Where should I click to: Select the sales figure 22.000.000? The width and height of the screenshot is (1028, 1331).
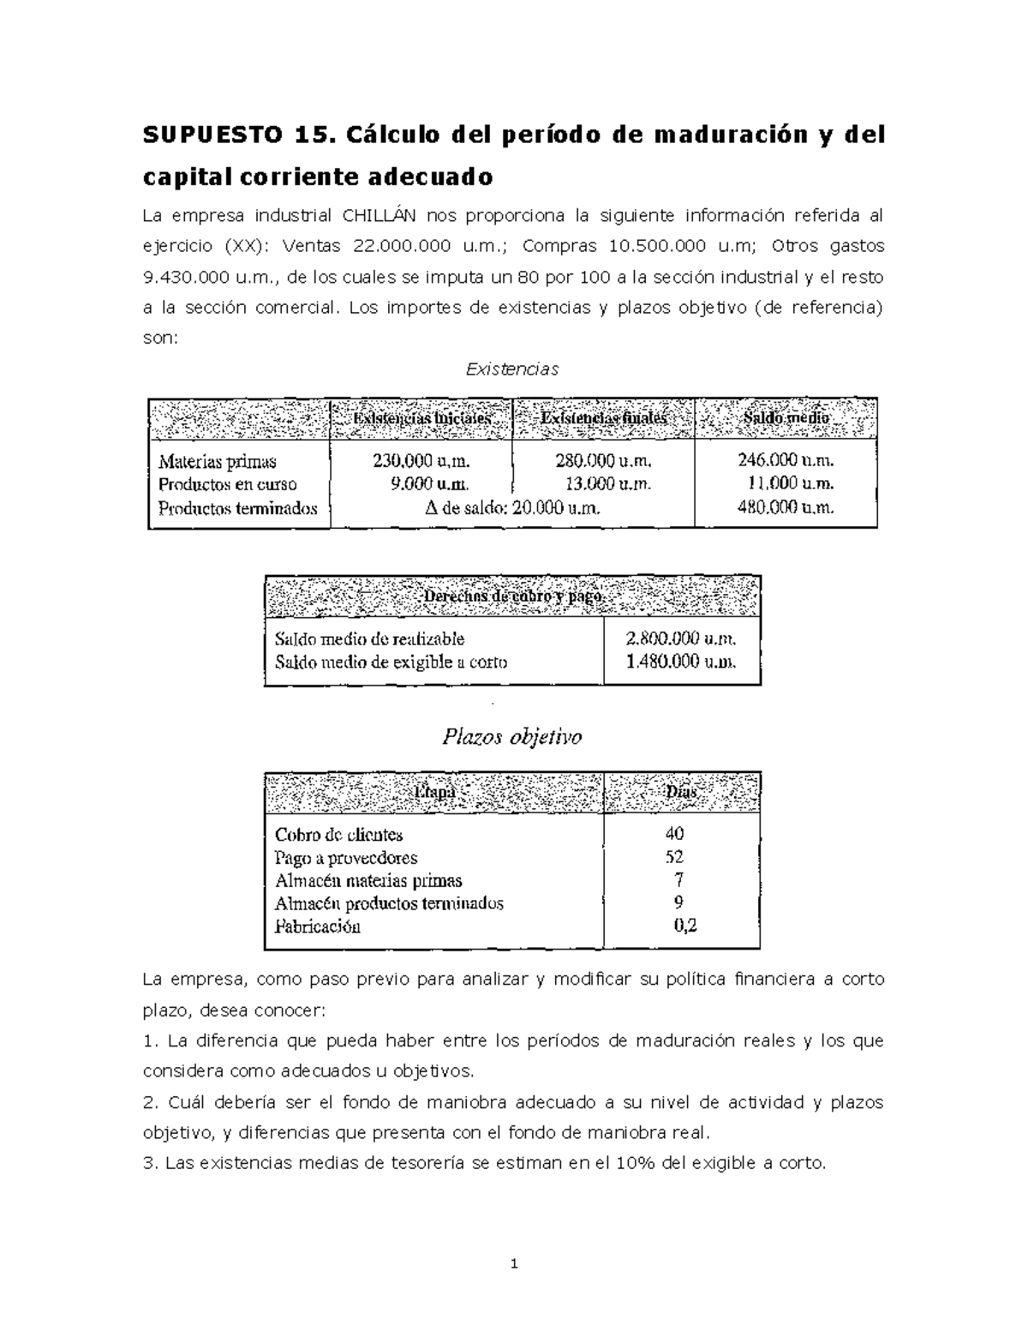tap(402, 246)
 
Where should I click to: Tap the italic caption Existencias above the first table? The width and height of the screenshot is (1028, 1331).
tap(511, 369)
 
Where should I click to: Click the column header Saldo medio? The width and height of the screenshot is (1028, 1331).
tap(786, 417)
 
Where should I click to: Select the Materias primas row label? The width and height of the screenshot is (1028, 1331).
tap(218, 462)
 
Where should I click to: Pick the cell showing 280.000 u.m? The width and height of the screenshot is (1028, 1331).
tap(603, 461)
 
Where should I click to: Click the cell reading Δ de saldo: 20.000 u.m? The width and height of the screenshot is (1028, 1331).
tap(511, 507)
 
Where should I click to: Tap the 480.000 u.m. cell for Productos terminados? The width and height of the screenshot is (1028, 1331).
tap(786, 507)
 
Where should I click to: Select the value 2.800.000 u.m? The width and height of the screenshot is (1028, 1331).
tap(681, 639)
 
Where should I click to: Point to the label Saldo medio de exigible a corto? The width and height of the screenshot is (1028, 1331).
tap(391, 662)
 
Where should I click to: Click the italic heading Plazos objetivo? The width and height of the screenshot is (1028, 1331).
tap(511, 737)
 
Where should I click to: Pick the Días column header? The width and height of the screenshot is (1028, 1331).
tap(681, 793)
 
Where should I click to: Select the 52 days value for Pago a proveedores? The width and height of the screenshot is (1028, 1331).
tap(674, 856)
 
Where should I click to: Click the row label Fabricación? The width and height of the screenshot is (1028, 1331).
tap(318, 926)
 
